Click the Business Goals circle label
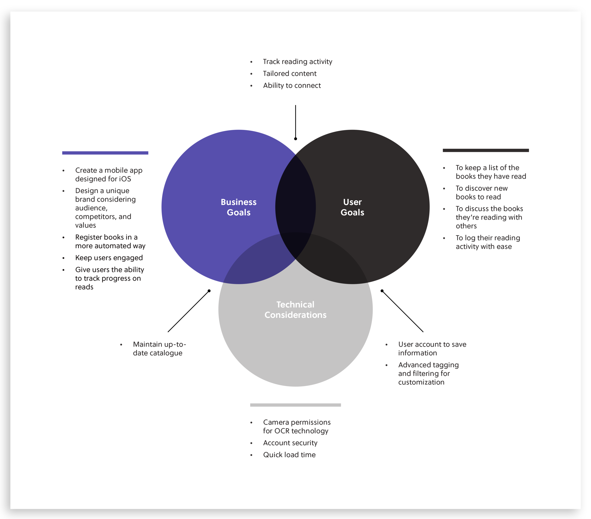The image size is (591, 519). (x=239, y=207)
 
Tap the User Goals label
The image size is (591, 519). (x=352, y=207)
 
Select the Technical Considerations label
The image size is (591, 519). (x=295, y=309)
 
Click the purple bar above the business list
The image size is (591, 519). (x=105, y=153)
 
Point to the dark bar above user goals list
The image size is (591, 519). (x=486, y=150)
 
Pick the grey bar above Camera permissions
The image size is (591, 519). (x=295, y=405)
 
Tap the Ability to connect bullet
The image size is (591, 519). (x=292, y=85)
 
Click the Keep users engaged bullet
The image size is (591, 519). (x=109, y=258)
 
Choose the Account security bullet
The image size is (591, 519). (x=290, y=443)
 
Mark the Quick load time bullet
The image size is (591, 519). (x=289, y=454)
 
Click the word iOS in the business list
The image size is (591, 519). (x=125, y=179)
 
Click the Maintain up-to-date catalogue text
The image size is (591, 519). (x=159, y=348)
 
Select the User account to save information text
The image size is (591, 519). (x=432, y=348)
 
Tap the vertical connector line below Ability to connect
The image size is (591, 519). (x=295, y=121)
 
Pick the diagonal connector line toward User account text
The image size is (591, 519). (x=403, y=311)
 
